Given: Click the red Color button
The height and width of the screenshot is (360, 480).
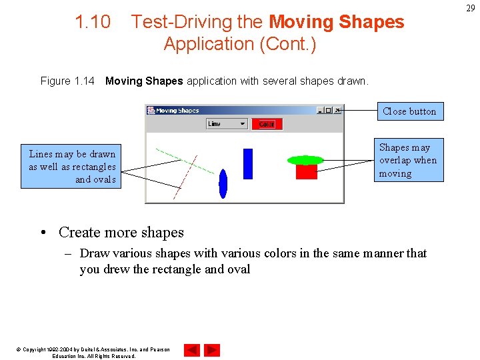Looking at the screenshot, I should click(x=267, y=124).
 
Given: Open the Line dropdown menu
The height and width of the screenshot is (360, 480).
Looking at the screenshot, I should click(x=227, y=124).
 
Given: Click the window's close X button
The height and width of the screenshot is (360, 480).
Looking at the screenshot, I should click(x=338, y=111).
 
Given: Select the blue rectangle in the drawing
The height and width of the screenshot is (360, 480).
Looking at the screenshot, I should click(x=248, y=163).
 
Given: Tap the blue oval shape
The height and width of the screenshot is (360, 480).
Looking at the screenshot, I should click(x=223, y=183).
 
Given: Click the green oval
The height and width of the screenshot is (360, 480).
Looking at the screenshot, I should click(x=305, y=160).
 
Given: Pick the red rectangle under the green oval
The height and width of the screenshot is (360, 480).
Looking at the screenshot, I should click(x=307, y=172).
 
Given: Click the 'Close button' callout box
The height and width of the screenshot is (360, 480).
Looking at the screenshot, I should click(x=409, y=111).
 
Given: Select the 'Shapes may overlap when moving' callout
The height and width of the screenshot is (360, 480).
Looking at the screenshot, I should click(x=408, y=161).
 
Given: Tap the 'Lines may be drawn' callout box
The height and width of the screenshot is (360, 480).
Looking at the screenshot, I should click(x=72, y=167).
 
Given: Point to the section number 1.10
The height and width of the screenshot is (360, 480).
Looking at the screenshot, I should click(x=93, y=22).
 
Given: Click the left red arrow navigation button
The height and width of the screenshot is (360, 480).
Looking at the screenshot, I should click(x=191, y=350).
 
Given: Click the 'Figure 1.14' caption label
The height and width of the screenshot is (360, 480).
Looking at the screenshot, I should click(x=67, y=81).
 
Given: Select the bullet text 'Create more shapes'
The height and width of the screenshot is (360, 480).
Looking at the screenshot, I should click(x=121, y=233).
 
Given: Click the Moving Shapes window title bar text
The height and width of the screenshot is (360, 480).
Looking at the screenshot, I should click(x=177, y=111).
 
